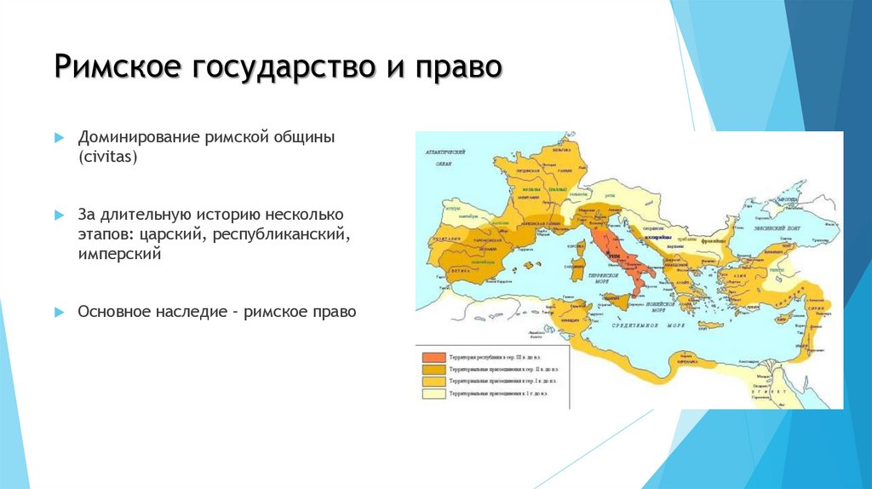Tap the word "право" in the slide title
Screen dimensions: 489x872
pos(457,67)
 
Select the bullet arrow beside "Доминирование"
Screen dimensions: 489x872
pos(59,137)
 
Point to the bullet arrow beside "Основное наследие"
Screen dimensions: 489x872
pos(59,313)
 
